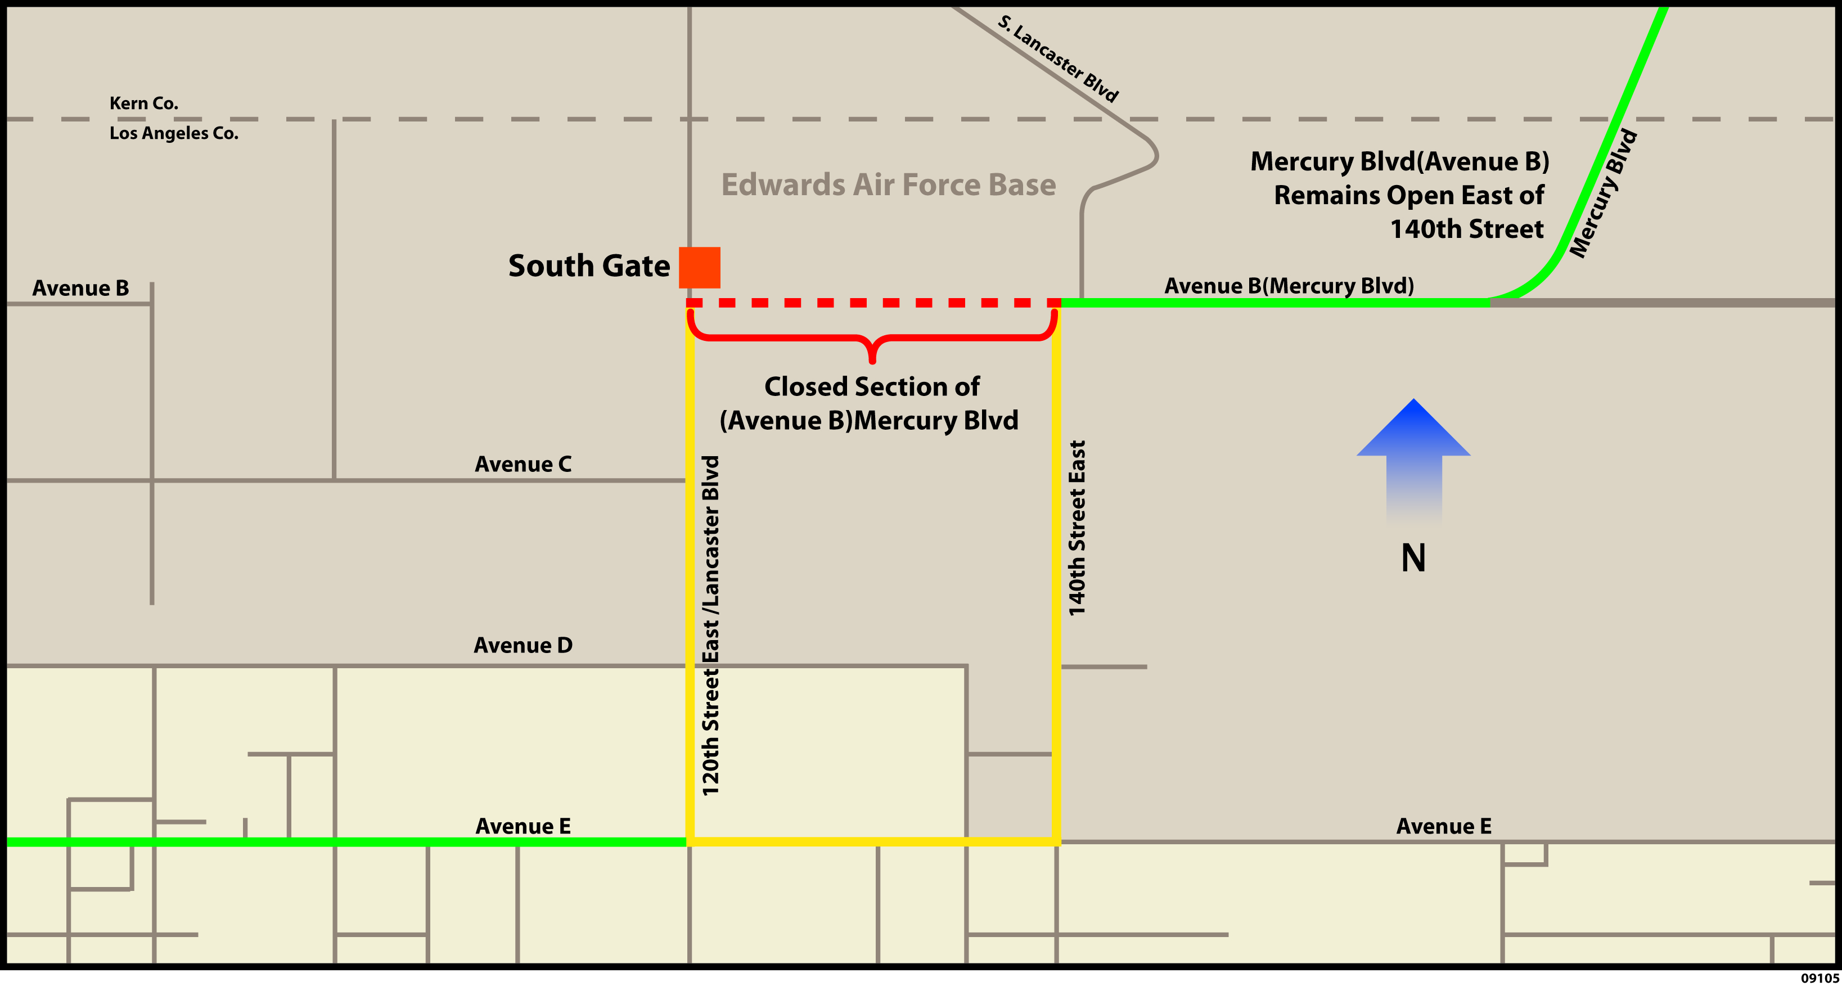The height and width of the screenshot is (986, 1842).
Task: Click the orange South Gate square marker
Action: (x=699, y=267)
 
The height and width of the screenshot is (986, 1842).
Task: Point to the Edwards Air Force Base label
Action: (x=888, y=184)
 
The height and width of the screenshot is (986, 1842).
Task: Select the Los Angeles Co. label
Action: (x=174, y=133)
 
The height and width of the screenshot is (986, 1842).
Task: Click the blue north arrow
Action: (x=1413, y=458)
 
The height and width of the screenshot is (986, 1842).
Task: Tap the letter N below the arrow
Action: (x=1413, y=558)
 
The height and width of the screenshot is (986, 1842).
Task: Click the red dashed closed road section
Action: (x=872, y=303)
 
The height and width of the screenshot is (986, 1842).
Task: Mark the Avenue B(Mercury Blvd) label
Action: (x=1289, y=285)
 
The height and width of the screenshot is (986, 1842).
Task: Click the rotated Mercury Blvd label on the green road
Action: (x=1603, y=193)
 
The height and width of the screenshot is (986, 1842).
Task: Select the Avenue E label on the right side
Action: (x=1444, y=826)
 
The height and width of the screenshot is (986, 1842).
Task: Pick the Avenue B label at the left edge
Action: (x=81, y=287)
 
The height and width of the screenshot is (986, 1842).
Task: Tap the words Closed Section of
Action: (x=872, y=387)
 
